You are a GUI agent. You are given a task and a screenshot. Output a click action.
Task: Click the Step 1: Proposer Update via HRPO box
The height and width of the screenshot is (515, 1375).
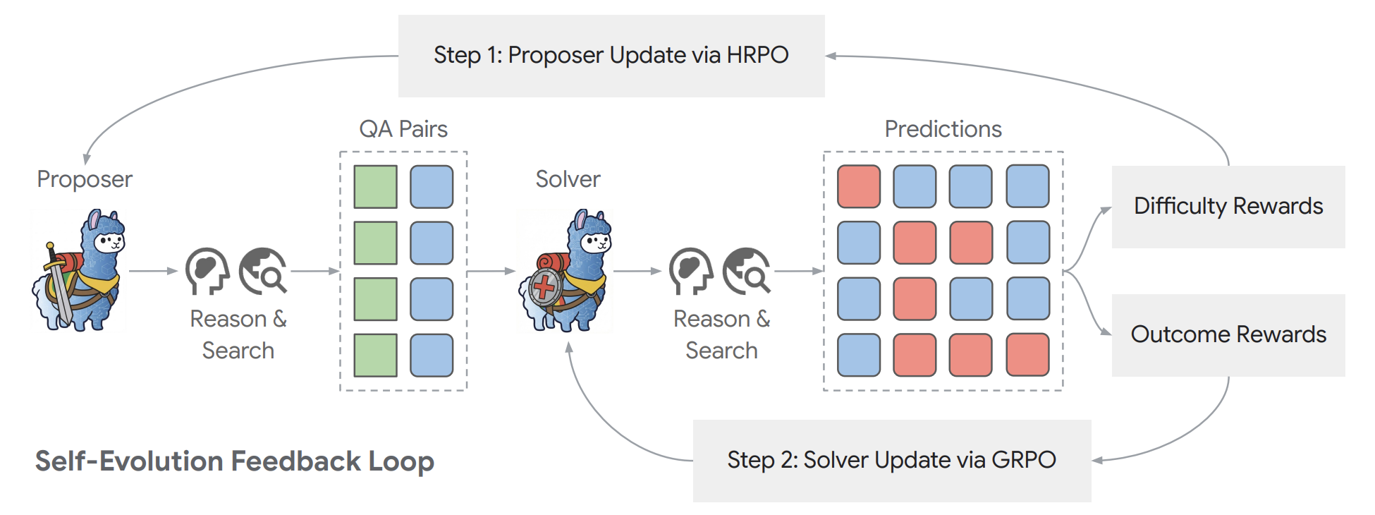[x=611, y=56]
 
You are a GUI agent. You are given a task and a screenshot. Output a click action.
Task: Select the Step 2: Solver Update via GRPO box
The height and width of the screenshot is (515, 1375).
[x=892, y=461]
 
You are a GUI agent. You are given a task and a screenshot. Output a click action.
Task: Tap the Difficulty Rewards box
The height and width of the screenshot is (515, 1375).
[x=1228, y=207]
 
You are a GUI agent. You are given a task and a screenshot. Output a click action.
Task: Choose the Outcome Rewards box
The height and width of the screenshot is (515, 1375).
[x=1228, y=335]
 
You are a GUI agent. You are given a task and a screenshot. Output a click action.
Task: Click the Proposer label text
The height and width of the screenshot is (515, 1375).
[x=85, y=180]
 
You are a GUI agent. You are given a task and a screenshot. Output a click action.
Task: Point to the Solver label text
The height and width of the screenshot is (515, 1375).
[x=568, y=179]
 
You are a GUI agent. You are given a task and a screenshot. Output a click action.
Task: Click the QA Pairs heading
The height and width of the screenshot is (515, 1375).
[x=403, y=129]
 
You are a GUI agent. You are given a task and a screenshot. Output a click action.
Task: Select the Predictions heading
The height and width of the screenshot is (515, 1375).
[x=943, y=129]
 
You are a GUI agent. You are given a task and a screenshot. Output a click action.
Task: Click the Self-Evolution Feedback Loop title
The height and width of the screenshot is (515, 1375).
[x=235, y=461]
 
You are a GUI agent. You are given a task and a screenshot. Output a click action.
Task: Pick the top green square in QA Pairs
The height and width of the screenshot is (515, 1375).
[x=375, y=187]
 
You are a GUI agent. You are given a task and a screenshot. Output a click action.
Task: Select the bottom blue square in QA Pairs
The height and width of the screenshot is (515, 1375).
[x=432, y=355]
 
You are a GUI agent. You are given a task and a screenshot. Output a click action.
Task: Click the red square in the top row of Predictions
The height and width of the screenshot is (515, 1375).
[x=859, y=187]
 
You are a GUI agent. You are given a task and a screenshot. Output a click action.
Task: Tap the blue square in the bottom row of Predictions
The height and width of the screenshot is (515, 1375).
[x=859, y=355]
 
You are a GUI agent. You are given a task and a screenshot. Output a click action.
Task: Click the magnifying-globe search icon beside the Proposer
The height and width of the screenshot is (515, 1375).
[x=263, y=270]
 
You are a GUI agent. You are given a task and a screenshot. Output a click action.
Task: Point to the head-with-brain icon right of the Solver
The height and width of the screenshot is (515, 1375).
[x=691, y=271]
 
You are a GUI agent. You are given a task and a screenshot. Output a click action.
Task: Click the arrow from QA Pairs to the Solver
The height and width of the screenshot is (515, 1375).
[x=491, y=271]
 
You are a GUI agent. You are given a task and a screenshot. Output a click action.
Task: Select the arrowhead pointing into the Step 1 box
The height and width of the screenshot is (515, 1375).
[x=831, y=56]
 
